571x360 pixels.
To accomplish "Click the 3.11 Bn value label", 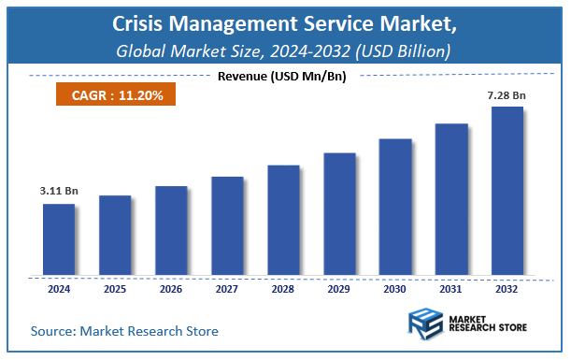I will pyautogui.click(x=59, y=191).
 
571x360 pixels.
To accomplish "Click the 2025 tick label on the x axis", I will pyautogui.click(x=114, y=290).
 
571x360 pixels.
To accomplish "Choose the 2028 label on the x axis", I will pyautogui.click(x=282, y=290).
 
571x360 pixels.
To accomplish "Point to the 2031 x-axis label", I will pyautogui.click(x=450, y=290).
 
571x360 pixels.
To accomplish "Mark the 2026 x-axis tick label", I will pyautogui.click(x=170, y=290).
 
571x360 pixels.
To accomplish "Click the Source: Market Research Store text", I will pyautogui.click(x=124, y=330).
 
